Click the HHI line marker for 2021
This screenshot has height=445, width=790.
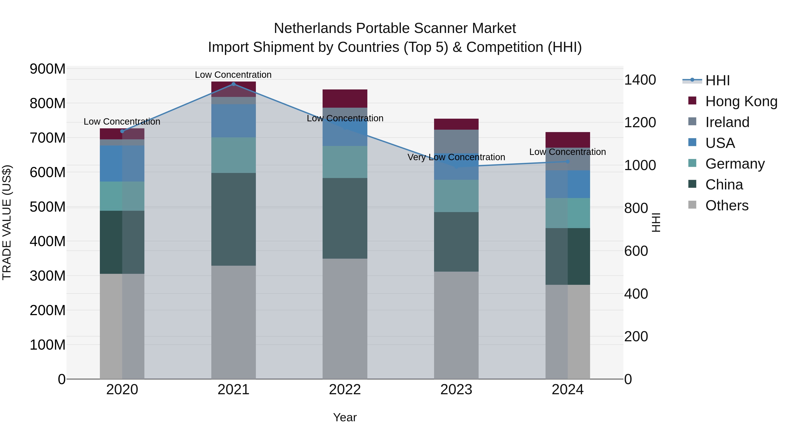point(233,84)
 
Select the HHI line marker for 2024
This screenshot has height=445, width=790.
point(568,162)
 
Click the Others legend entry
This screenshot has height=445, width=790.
point(727,205)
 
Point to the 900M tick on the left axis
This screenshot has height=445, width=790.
point(48,69)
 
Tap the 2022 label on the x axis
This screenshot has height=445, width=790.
point(345,390)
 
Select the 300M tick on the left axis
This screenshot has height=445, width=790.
point(48,276)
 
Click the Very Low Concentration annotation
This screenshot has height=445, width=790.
point(456,157)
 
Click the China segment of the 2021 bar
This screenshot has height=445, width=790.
point(233,219)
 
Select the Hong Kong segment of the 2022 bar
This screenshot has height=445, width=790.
point(345,99)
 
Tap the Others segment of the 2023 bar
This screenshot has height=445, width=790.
point(456,325)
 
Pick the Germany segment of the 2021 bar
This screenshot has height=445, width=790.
point(233,155)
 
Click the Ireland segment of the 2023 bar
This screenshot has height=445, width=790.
point(456,141)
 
